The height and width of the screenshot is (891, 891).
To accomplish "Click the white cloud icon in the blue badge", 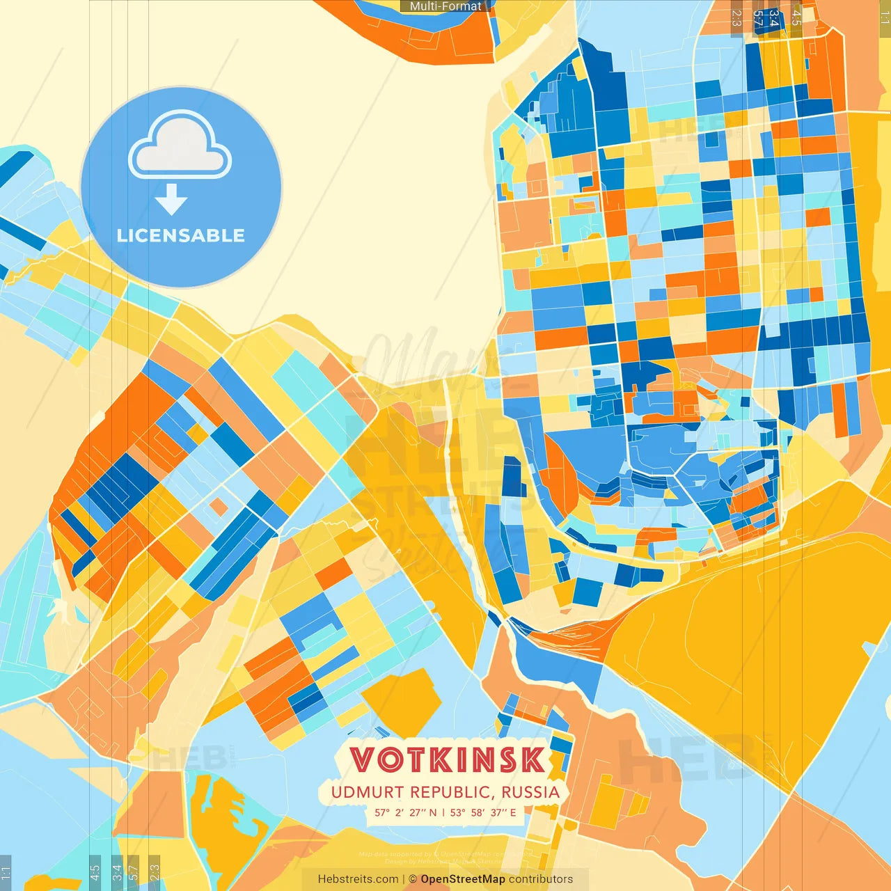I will [180, 146].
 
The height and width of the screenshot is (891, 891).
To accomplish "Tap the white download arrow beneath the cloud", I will [171, 200].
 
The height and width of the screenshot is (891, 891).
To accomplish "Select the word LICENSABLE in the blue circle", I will [181, 235].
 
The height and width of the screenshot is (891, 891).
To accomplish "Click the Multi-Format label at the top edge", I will [445, 6].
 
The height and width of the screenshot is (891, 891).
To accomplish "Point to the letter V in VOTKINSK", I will [364, 760].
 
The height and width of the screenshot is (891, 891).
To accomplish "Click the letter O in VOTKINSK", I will [391, 760].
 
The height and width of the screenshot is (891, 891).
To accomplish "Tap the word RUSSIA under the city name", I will [530, 792].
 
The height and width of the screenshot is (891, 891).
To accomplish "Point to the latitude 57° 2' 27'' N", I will [406, 812].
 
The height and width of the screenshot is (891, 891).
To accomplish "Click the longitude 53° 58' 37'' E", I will [483, 812].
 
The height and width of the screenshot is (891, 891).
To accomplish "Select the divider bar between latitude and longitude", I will [443, 812].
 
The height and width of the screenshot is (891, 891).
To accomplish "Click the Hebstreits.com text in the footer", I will [358, 879].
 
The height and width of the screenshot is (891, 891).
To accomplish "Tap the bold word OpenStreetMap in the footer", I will [463, 879].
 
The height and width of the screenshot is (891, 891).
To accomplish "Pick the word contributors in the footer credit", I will [541, 879].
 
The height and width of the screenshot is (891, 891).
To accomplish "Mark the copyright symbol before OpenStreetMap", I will [413, 879].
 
